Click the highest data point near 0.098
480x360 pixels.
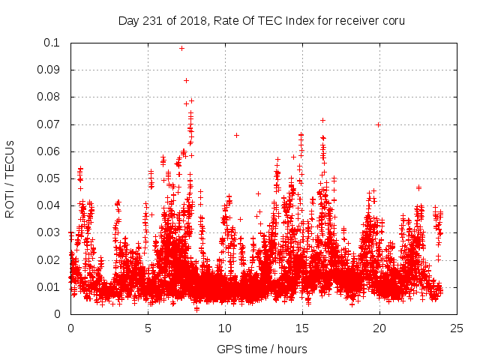181,48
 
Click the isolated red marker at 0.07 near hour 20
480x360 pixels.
379,124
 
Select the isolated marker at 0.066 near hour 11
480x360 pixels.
236,135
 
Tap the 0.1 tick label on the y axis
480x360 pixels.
52,43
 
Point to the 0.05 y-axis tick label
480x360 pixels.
49,178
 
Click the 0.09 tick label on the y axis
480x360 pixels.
49,70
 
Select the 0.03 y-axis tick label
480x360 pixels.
49,232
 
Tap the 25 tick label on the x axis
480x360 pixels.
457,328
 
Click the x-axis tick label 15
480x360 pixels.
302,328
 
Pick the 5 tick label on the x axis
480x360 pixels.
148,328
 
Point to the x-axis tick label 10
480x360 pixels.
225,328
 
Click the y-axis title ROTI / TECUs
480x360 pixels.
10,178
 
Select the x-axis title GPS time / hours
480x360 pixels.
262,349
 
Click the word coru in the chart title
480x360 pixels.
393,20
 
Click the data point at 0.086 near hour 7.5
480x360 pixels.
186,80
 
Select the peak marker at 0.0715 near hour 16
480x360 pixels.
322,120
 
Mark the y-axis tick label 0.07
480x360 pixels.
49,124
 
